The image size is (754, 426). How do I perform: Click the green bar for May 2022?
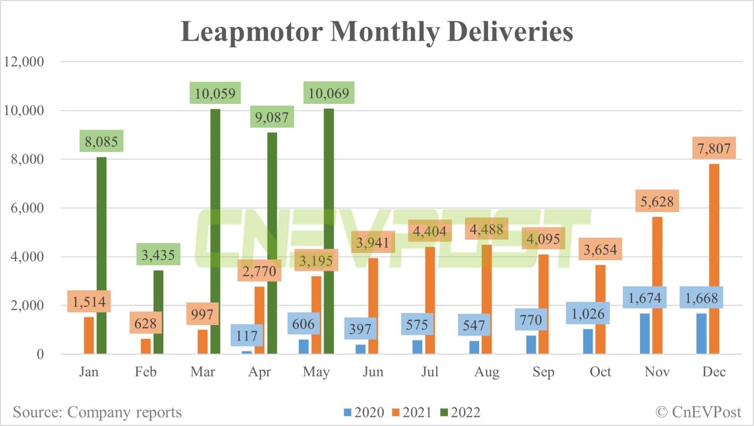pos(329,231)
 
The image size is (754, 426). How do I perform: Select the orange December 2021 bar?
pos(714,259)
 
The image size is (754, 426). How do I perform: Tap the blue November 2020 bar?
pos(644,334)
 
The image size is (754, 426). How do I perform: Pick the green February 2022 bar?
pos(158,311)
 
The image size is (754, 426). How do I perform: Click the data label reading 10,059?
pos(215,93)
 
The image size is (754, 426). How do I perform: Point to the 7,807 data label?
pos(714,148)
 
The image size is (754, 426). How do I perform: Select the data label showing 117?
pos(247,336)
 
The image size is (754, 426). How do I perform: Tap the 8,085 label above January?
pos(101,142)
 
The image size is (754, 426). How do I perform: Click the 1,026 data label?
pos(588,314)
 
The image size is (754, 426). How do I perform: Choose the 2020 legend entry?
pos(364,412)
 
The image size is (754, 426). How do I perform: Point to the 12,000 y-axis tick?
pos(24,62)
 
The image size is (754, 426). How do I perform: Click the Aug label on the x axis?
pos(487,372)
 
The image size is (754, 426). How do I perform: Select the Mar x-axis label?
pos(203,372)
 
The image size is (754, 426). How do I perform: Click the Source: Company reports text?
pos(97,412)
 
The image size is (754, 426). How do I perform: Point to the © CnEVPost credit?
pos(698,412)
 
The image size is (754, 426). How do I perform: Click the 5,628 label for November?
pos(657,201)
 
